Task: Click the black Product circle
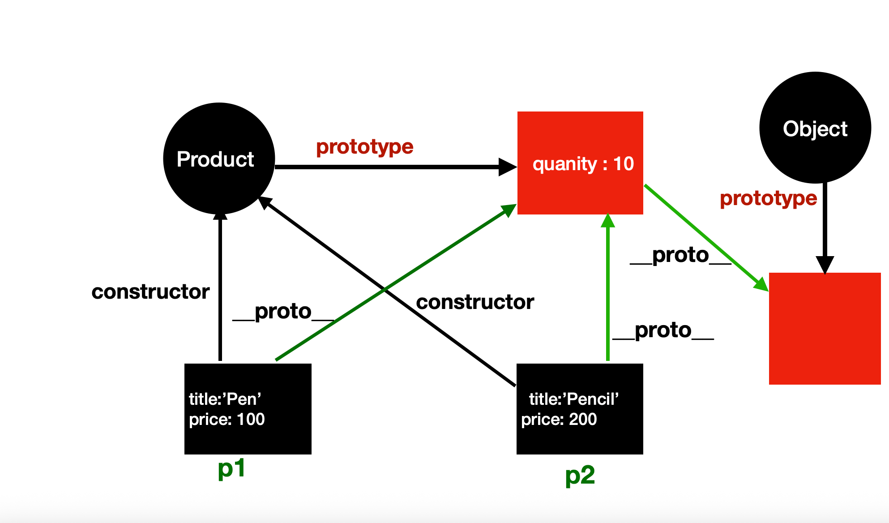click(219, 159)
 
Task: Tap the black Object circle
click(815, 128)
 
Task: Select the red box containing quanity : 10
click(580, 163)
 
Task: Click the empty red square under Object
click(825, 328)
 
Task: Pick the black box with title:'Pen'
click(248, 409)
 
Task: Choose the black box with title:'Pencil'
click(580, 409)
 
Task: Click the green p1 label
click(231, 469)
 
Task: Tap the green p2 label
click(580, 476)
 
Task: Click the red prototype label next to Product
click(364, 147)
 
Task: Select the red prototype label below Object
click(768, 198)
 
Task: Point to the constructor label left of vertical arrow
click(150, 292)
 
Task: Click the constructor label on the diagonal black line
click(475, 302)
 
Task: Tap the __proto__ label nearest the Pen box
click(283, 312)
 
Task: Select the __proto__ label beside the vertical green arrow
click(663, 331)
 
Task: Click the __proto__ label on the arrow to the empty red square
click(680, 256)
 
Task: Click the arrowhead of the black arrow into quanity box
click(508, 167)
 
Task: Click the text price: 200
click(559, 420)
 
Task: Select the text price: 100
click(227, 420)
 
